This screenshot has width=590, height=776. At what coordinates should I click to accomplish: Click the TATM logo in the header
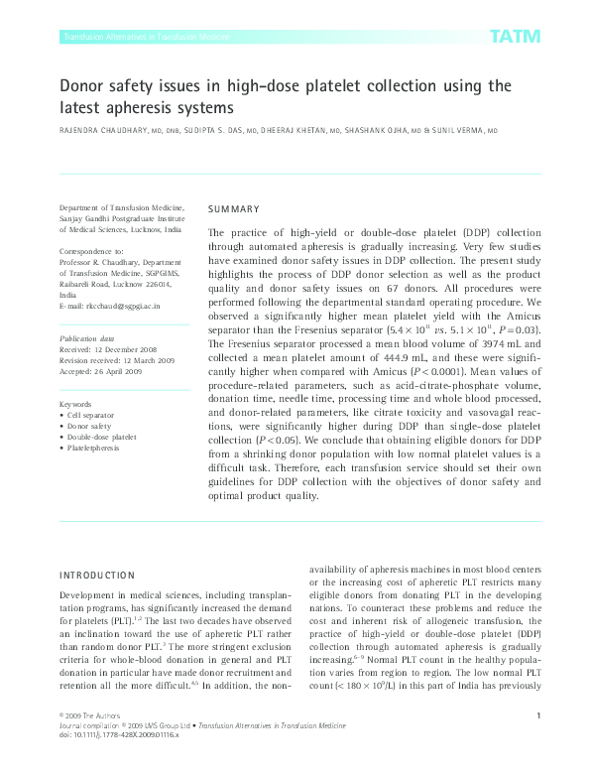coord(515,37)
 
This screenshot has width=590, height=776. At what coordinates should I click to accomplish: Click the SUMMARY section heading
coord(233,209)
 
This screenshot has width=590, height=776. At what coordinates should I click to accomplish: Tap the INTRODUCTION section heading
coord(96,575)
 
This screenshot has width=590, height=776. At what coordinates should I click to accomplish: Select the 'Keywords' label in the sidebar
coord(76,405)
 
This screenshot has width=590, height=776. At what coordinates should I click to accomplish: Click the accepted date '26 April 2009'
coord(115,371)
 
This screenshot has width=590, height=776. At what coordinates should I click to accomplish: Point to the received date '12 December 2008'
coord(125,349)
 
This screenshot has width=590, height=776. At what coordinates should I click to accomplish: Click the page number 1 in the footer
coord(536,743)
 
